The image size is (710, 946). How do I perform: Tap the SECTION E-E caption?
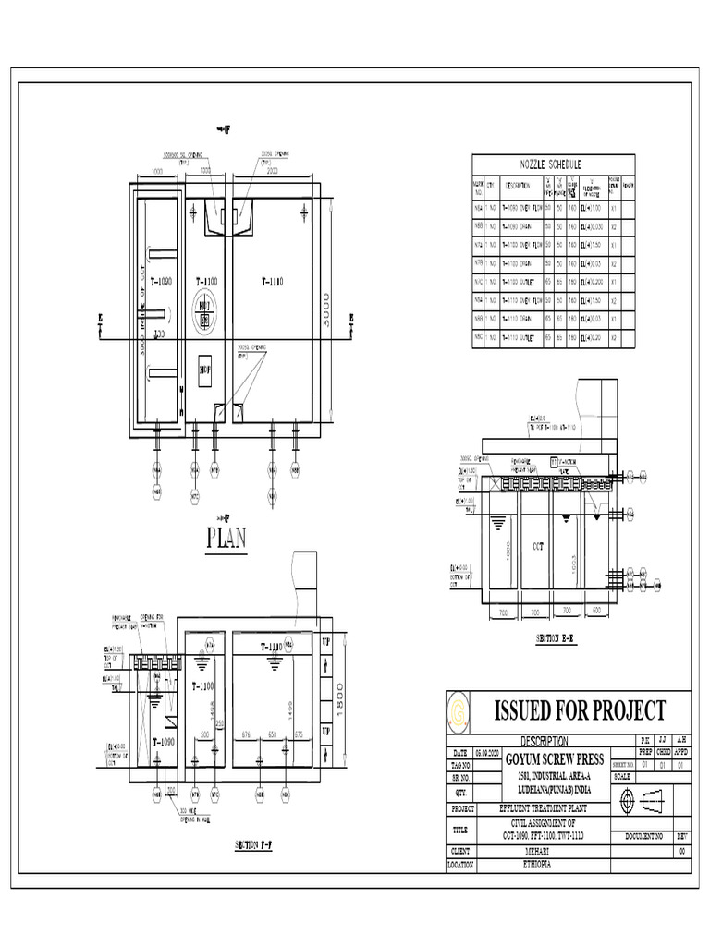tap(556, 639)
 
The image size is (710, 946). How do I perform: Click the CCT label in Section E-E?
tap(539, 546)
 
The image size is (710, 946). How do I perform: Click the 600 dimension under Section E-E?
tap(597, 611)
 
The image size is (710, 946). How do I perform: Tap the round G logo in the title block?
tap(459, 711)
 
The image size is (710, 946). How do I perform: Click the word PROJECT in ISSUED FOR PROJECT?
tap(620, 710)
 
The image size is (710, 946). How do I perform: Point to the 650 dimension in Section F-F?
tap(272, 734)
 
